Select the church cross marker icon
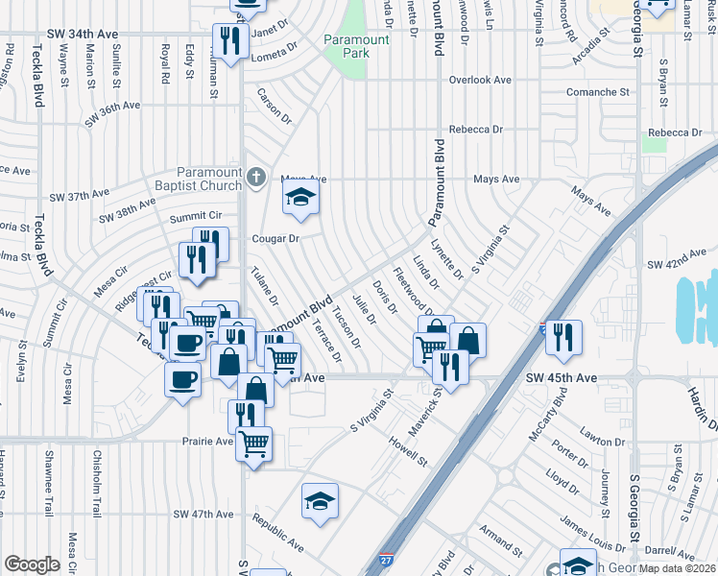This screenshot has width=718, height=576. (x=255, y=177)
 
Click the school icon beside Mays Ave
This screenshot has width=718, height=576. (x=300, y=199)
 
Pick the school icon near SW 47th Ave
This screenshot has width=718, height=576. (x=321, y=501)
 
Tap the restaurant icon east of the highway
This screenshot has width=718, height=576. (x=563, y=336)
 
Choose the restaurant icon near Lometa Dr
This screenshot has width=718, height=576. (x=229, y=40)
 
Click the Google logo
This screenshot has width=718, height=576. (x=32, y=564)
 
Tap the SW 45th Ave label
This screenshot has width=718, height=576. (x=562, y=378)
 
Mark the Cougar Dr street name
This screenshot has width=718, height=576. (x=276, y=238)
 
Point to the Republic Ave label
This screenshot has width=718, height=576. (x=277, y=535)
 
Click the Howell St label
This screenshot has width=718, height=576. (x=408, y=450)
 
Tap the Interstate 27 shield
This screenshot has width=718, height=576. (x=386, y=560)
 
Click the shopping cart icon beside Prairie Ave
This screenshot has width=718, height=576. (x=253, y=444)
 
